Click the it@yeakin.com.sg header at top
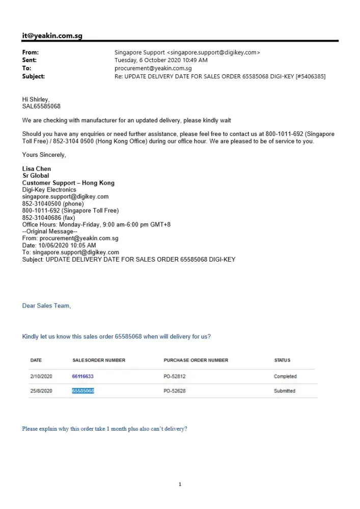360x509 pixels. [x=52, y=36]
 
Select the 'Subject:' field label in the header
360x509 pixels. [x=34, y=76]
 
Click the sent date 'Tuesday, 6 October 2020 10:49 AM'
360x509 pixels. [x=161, y=60]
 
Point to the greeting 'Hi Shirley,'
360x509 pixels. [x=36, y=99]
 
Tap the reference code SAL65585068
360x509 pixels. [x=41, y=106]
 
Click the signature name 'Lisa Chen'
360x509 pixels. [x=37, y=169]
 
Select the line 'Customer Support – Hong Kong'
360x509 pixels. [x=68, y=183]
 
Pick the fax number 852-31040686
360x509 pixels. [x=48, y=217]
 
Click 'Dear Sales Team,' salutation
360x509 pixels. [x=46, y=306]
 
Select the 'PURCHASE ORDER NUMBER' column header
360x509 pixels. [x=196, y=360]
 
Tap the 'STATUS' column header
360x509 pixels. [x=282, y=360]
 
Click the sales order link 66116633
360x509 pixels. [x=83, y=377]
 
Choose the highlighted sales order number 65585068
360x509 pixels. [x=83, y=391]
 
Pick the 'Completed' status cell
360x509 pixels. [x=285, y=377]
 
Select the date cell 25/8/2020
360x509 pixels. [x=42, y=391]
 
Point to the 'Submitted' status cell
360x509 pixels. [x=285, y=391]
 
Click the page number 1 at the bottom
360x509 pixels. [x=180, y=484]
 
